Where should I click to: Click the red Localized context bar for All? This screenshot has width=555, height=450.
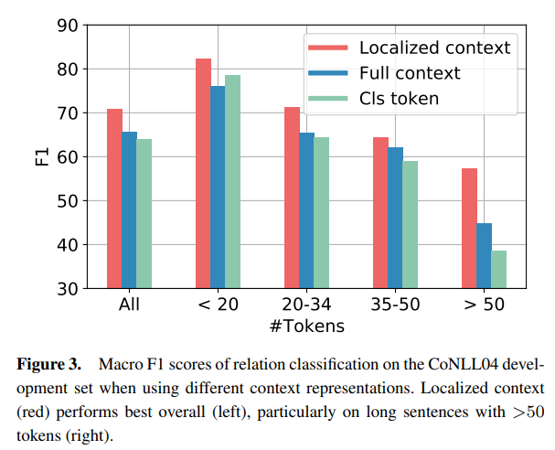(x=114, y=198)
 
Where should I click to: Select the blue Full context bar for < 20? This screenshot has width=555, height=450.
(x=218, y=187)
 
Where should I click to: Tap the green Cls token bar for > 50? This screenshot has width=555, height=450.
(x=498, y=269)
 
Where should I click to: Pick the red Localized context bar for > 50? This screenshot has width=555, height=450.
(x=469, y=229)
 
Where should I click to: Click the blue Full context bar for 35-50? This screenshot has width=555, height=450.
(x=395, y=218)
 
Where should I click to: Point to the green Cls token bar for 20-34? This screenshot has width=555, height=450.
(x=321, y=213)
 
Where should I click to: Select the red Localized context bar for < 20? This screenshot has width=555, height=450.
(x=203, y=174)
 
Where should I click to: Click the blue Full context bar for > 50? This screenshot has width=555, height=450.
(x=484, y=255)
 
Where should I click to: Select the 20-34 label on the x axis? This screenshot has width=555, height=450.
(x=306, y=305)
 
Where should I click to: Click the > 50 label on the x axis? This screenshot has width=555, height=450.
(x=484, y=305)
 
